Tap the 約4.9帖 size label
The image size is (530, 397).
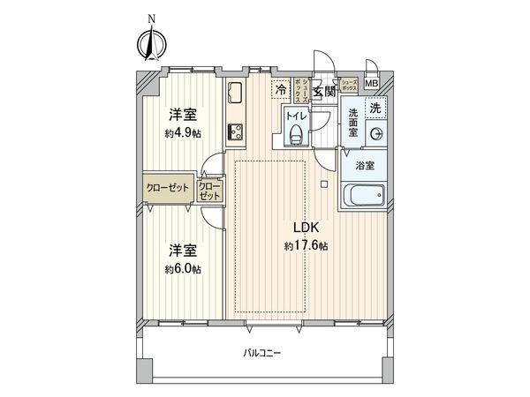tap(182, 134)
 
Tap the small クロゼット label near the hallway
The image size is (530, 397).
tap(210, 191)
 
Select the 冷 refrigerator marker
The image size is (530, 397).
tap(281, 89)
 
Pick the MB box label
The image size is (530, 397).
tap(371, 85)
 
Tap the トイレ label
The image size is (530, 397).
tap(296, 116)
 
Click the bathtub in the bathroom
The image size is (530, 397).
tap(362, 194)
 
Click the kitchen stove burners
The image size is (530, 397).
tap(237, 134)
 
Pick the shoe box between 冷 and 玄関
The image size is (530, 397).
tap(299, 88)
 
